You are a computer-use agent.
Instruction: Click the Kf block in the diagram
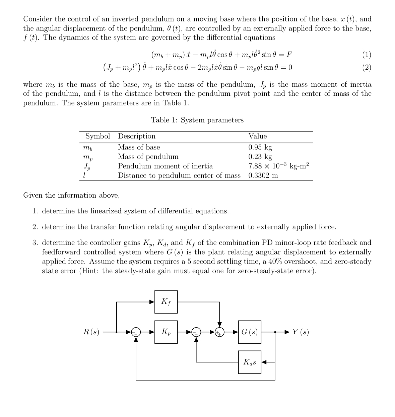coord(166,302)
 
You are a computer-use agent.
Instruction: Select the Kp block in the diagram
coord(166,332)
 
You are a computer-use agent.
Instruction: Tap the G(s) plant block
coord(250,332)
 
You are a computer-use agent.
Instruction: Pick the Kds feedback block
coord(250,362)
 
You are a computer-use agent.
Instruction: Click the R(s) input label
coord(91,332)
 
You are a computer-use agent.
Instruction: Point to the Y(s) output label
coord(300,332)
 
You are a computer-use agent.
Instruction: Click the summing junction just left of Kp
coord(136,332)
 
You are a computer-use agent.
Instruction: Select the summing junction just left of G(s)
coord(219,332)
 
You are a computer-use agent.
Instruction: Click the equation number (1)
coord(367,55)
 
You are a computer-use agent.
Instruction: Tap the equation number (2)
coord(367,67)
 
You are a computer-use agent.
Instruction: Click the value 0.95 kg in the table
coord(260,147)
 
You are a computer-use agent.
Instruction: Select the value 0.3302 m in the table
coord(263,176)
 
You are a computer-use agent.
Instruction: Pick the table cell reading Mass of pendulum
coord(148,157)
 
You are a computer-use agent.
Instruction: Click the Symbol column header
coord(97,136)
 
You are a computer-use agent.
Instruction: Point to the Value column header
coord(257,136)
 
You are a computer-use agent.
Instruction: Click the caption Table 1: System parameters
coord(197,120)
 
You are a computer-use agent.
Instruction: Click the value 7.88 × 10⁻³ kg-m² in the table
coord(278,166)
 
